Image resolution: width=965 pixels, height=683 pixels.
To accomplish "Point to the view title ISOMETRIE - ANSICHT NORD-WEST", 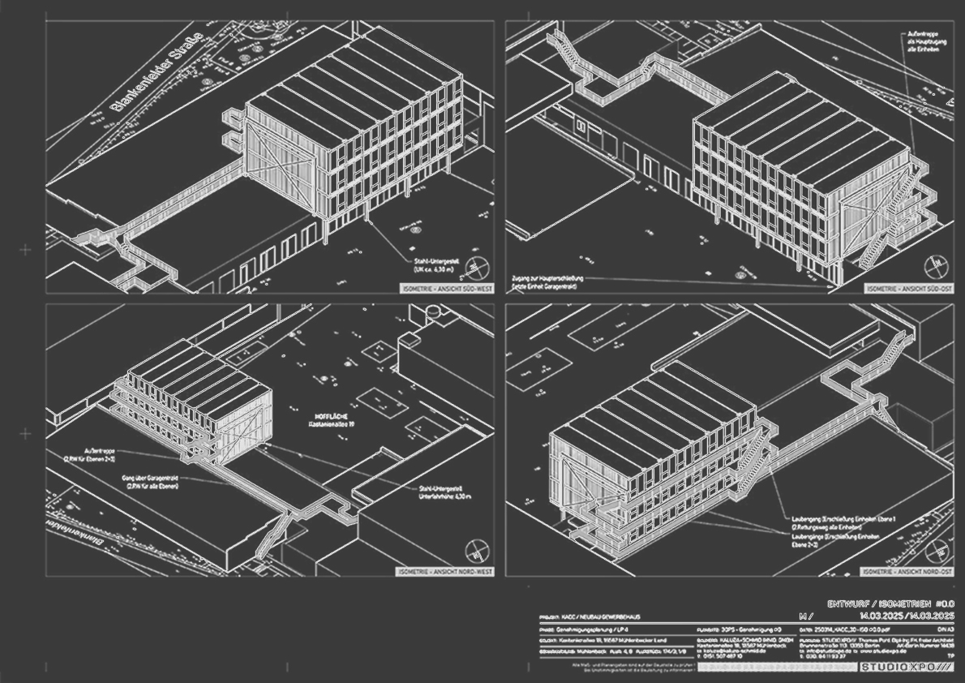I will click(445, 572).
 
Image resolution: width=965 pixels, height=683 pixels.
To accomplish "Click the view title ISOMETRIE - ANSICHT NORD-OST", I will click(907, 572).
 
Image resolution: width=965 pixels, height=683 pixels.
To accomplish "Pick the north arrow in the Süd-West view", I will click(478, 268).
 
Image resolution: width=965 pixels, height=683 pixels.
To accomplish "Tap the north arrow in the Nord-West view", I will click(477, 552).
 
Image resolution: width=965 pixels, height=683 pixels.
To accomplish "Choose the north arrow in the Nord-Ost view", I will click(938, 552).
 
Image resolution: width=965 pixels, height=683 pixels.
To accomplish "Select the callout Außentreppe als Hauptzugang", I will click(921, 42).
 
